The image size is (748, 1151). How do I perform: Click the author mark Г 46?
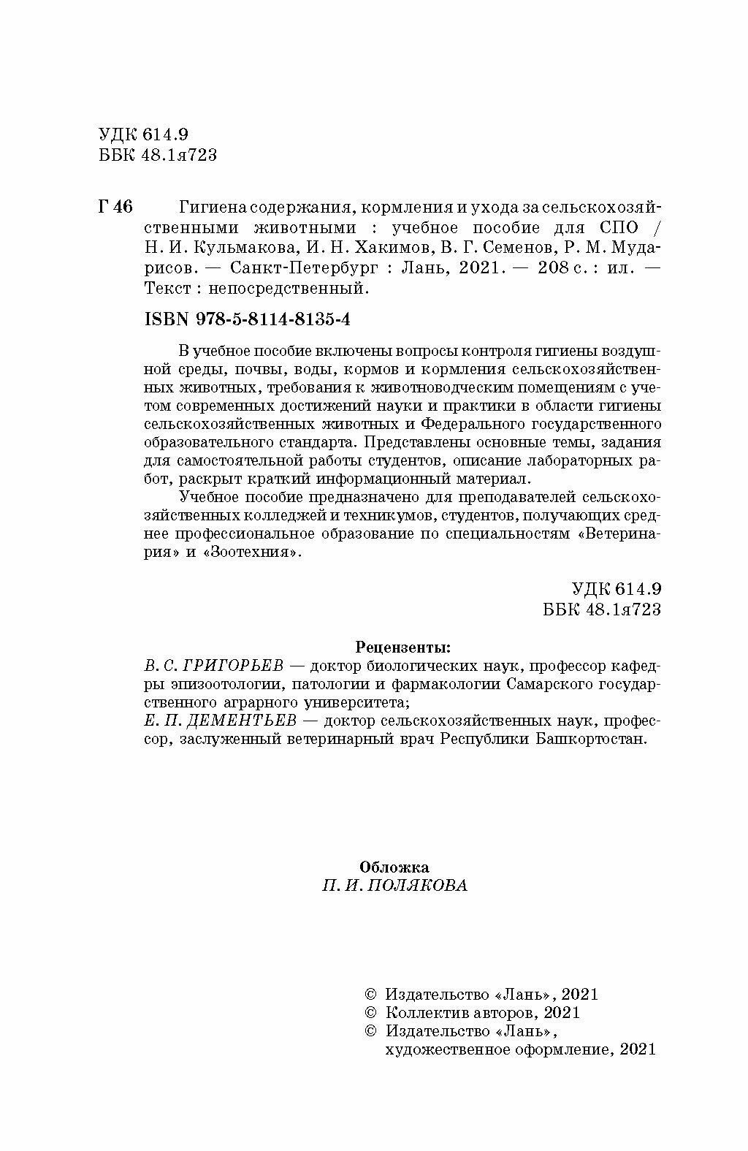click(115, 207)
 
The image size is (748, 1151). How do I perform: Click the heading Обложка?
click(394, 867)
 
